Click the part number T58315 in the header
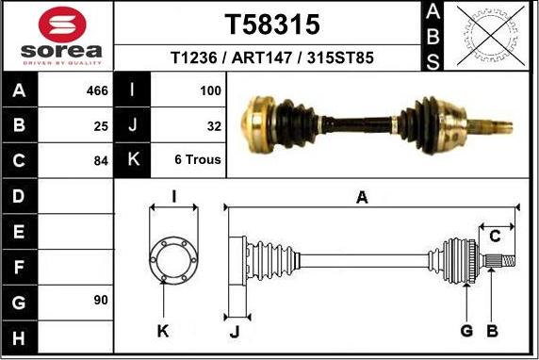[272, 25]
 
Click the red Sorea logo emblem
[62, 25]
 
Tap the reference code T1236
[194, 57]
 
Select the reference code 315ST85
[340, 57]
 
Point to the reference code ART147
[262, 57]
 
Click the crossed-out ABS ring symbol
[491, 36]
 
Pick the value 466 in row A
[97, 90]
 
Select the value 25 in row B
[101, 126]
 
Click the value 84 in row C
[101, 161]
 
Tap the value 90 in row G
[101, 301]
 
